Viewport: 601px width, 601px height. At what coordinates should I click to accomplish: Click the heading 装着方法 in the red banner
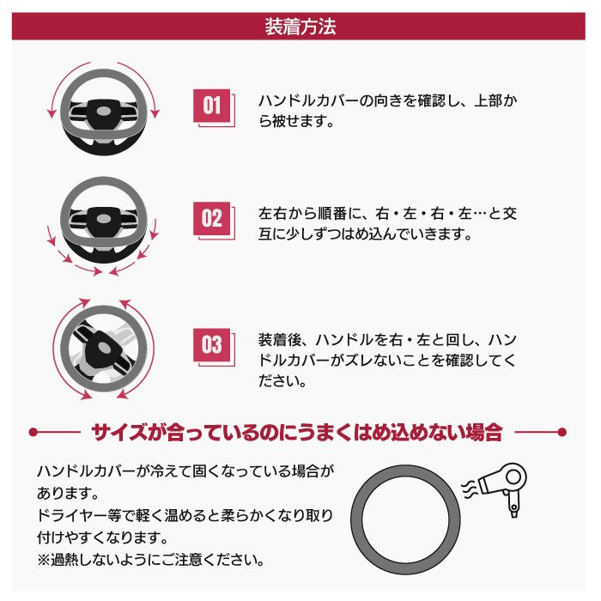[300, 26]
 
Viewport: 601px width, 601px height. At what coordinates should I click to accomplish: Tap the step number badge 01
[211, 106]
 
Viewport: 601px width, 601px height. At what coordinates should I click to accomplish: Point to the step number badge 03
[211, 345]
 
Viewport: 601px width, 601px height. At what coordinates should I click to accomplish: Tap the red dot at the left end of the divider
[33, 431]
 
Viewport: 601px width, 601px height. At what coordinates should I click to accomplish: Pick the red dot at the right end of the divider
[562, 431]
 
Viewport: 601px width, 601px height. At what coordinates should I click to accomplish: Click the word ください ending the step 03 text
[282, 379]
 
